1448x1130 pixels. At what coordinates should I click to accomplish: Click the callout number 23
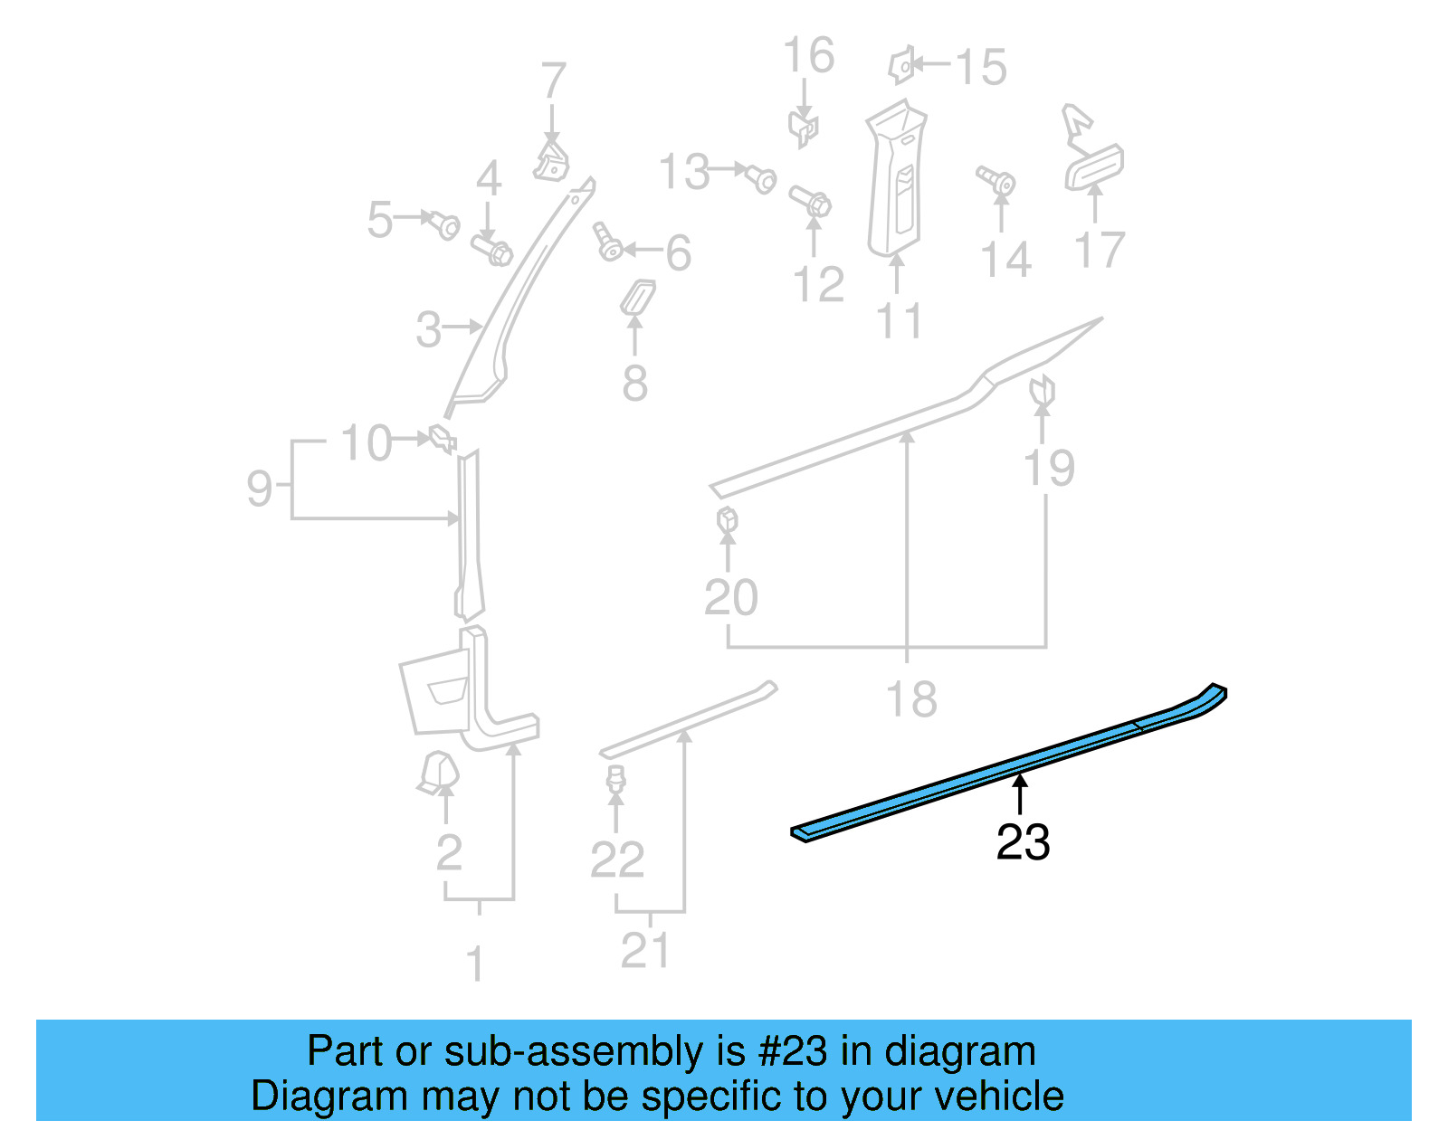pos(1023,842)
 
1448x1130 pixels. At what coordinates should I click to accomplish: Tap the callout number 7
pos(553,81)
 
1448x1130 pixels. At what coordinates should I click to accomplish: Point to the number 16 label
pos(808,56)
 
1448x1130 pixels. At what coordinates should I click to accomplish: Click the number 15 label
pos(981,68)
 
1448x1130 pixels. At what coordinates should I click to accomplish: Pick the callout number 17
pos(1100,251)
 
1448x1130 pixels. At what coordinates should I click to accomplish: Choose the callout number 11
pos(900,321)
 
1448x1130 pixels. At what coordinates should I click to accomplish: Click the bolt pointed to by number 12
pos(811,201)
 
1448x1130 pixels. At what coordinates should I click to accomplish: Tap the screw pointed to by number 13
pos(760,177)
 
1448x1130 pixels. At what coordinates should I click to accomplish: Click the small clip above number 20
pos(727,521)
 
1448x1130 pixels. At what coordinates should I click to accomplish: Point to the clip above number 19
pos(1043,390)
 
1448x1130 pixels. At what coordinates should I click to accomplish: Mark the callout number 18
pos(910,699)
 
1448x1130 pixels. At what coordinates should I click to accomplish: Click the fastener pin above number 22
pos(616,778)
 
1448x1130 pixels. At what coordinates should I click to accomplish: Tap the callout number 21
pos(645,950)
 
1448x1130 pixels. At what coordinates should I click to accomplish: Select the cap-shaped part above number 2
pos(439,772)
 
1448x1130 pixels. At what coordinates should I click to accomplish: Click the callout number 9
pos(260,489)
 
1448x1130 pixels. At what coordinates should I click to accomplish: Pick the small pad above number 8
pos(637,297)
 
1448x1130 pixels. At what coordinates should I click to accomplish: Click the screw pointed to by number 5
pos(445,224)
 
